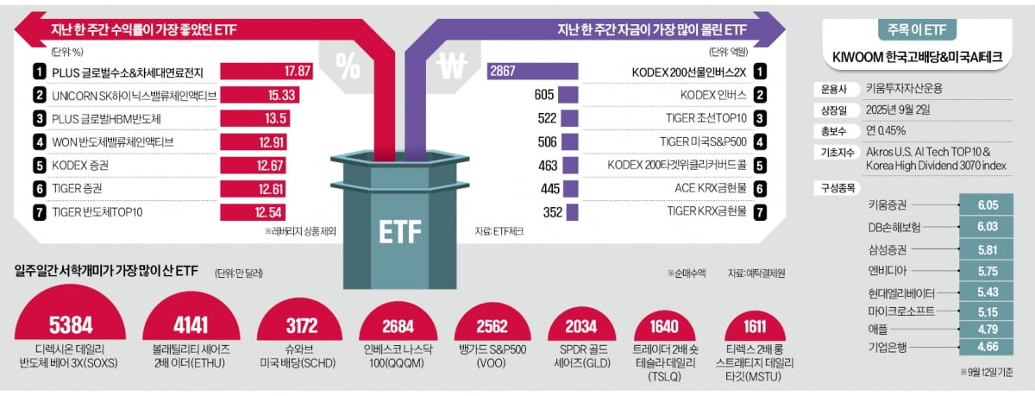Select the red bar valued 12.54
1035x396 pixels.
coord(262,211)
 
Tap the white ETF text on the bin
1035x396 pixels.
coord(399,231)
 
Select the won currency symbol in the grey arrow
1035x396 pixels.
coord(452,64)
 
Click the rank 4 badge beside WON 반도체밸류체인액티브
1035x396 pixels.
coord(40,141)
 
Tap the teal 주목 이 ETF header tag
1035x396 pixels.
coord(917,29)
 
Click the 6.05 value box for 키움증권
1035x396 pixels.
coord(988,204)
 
